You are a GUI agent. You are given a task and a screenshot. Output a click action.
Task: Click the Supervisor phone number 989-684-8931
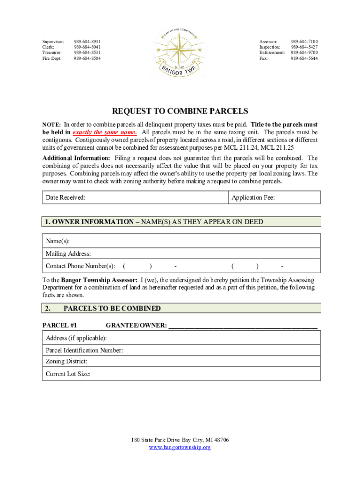(87, 42)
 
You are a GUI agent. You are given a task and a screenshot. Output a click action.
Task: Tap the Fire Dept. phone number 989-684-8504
(87, 58)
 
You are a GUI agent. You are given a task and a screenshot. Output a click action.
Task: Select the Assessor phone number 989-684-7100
(304, 42)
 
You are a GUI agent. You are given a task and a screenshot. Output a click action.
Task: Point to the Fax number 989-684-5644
(304, 58)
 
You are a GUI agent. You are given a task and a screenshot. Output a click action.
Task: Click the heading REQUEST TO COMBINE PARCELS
(180, 111)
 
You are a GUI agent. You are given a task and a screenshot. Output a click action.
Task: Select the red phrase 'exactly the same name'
(105, 132)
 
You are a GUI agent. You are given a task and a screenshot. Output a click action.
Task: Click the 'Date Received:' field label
(65, 197)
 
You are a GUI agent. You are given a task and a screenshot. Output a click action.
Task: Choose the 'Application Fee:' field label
(253, 197)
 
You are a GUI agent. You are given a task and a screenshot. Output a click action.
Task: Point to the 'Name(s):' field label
(58, 241)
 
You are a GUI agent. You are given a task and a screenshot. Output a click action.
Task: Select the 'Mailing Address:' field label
(68, 254)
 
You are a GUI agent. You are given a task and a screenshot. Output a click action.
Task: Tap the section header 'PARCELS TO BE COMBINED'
(112, 308)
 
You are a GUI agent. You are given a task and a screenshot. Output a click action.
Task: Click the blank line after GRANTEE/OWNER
(243, 326)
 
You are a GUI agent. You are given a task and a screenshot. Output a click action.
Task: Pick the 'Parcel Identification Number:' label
(84, 350)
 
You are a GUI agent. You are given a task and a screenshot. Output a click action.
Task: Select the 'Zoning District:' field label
(66, 361)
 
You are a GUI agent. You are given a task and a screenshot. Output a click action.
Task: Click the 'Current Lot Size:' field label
(68, 374)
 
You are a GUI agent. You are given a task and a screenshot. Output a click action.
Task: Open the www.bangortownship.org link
(180, 447)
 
